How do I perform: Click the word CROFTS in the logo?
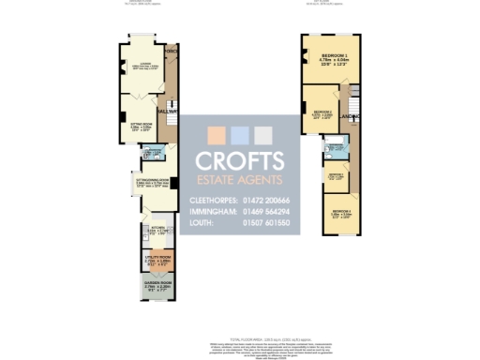coord(240,160)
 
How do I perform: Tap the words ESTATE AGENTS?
coord(240,179)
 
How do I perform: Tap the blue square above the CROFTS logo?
coord(240,133)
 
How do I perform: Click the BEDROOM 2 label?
coord(322,112)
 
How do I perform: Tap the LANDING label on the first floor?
coord(352,116)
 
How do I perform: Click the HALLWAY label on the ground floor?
coord(170,111)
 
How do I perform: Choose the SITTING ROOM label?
coord(142,122)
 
